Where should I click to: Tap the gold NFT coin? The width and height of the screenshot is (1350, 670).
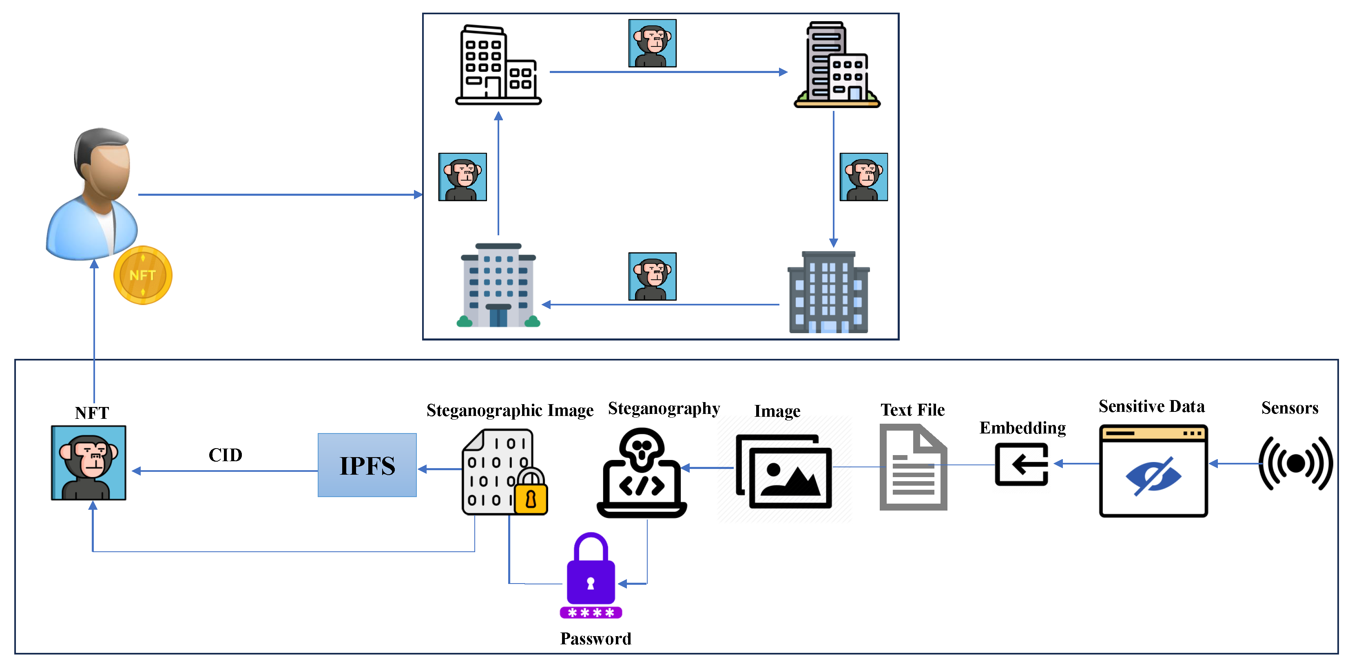143,275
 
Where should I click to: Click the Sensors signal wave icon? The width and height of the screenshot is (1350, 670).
1295,463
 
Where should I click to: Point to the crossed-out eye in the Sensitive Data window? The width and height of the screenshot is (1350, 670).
1153,475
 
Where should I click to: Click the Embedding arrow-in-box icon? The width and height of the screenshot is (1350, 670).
1021,464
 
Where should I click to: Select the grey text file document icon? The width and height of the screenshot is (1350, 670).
913,467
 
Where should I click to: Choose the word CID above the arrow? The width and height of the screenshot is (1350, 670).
226,455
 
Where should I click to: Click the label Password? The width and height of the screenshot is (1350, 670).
595,639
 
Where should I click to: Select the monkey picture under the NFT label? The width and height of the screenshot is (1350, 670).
89,462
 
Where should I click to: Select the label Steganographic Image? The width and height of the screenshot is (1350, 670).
509,410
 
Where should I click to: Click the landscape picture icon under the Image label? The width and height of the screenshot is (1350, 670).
784,471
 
